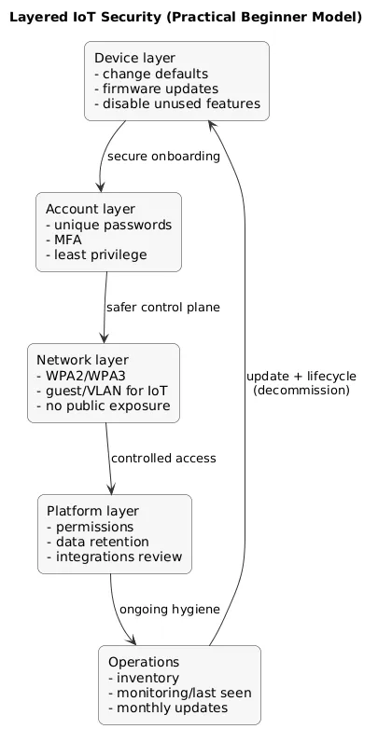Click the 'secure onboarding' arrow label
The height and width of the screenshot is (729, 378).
pos(163,156)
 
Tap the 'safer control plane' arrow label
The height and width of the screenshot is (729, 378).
pos(162,307)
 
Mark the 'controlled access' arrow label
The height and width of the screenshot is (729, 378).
pos(163,458)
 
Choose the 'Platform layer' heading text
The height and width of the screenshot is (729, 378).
pos(92,512)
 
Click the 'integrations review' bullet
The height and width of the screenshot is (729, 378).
pos(114,557)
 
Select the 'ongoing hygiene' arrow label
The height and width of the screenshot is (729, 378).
pos(169,609)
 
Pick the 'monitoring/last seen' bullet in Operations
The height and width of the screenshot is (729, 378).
pos(179,693)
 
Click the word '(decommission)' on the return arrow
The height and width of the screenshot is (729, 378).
pos(301,391)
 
